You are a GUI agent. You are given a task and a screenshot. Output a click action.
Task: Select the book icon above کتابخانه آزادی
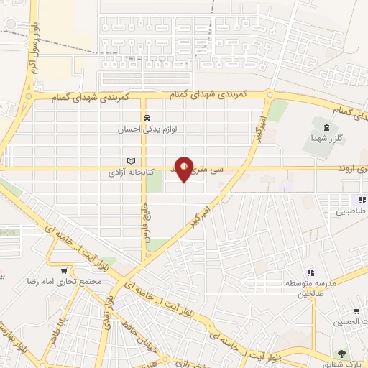click(130, 161)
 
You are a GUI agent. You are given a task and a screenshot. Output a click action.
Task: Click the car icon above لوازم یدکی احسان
click(146, 118)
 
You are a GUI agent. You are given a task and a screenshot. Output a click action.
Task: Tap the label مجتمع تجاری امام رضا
click(57, 282)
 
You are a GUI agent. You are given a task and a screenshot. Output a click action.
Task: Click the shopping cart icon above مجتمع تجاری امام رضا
click(65, 271)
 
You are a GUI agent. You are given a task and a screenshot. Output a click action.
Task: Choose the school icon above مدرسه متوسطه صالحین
click(311, 272)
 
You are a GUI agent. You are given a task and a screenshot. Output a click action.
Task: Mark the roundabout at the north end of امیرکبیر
click(269, 94)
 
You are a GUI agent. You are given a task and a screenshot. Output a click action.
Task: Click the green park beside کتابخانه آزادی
click(154, 180)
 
